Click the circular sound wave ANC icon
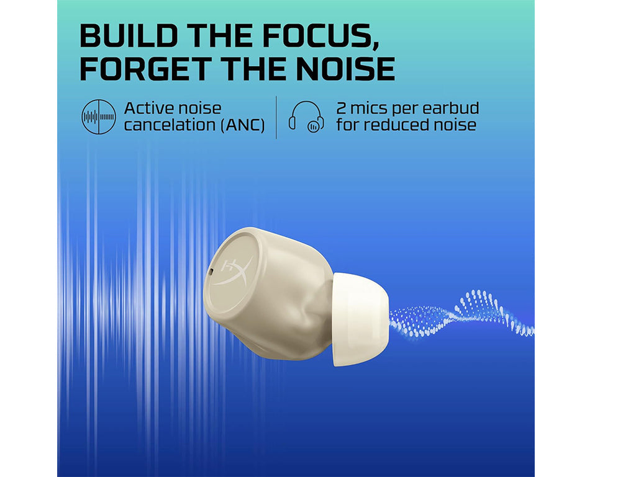coord(99,117)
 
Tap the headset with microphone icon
coord(306,117)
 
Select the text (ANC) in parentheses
coord(243,125)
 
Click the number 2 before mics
coord(342,109)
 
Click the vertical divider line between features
coord(276,117)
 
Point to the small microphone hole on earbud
coord(211,272)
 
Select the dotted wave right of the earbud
coord(461,314)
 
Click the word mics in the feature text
coord(368,108)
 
